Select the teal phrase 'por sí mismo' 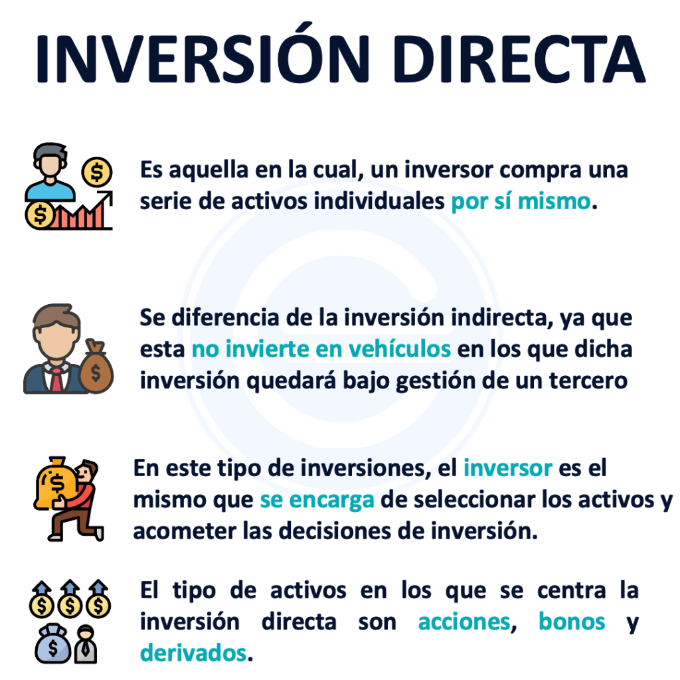(521, 202)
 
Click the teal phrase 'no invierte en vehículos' (321, 349)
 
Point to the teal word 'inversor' (508, 468)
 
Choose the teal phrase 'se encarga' (317, 500)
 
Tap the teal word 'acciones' (464, 622)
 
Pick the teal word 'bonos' (572, 622)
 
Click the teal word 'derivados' (193, 653)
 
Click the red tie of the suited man (56, 379)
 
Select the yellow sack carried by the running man (55, 482)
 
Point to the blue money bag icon (53, 644)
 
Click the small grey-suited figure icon (86, 644)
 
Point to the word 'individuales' (379, 201)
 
